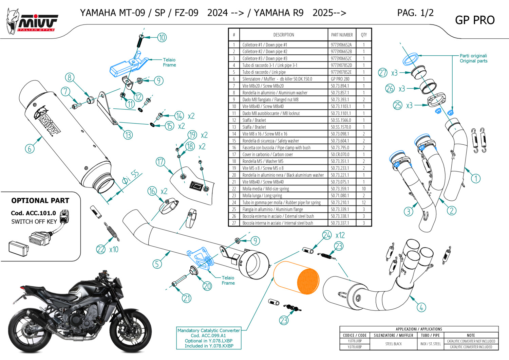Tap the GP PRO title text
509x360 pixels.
(x=474, y=20)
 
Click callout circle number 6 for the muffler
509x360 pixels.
(x=30, y=148)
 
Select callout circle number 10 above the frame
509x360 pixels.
(x=162, y=37)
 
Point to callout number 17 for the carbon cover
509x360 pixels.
(x=160, y=162)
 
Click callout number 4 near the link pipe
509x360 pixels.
(x=421, y=308)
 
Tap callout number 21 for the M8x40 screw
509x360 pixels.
(x=187, y=298)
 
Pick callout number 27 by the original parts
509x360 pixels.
(x=383, y=73)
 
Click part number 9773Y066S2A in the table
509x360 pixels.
(x=341, y=45)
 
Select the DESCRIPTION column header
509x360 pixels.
(x=284, y=35)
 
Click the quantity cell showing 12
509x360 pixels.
(x=364, y=202)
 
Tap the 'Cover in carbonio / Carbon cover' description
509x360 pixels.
(x=267, y=155)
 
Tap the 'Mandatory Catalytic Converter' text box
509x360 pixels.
(x=209, y=338)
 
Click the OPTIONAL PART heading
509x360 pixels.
(x=40, y=201)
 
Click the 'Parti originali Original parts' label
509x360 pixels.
(x=473, y=58)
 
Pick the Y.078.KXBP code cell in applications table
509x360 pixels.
(x=355, y=347)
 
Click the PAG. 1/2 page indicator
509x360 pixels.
(x=415, y=13)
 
